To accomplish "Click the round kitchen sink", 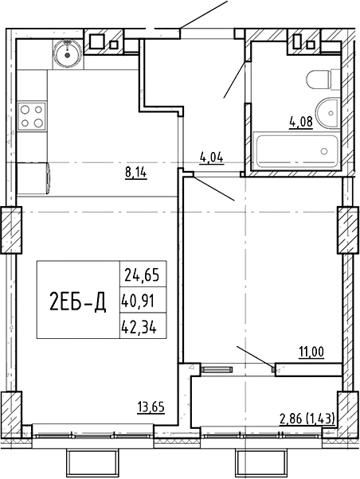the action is click(67, 55).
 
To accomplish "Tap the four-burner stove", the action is click(32, 116).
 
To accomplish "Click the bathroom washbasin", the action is click(328, 113).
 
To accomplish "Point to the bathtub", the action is click(297, 150).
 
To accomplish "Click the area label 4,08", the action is click(301, 123).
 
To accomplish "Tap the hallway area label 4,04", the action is click(212, 158).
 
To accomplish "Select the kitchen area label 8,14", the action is click(136, 173).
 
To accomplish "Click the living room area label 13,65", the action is click(151, 407).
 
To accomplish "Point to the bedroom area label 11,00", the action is click(311, 352).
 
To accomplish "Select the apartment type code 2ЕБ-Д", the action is click(77, 301).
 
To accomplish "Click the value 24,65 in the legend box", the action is click(142, 276).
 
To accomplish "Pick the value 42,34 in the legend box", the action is click(139, 328).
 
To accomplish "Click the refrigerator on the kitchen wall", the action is click(33, 179).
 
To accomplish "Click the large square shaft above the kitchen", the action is click(98, 42).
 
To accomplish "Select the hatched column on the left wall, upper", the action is click(12, 230).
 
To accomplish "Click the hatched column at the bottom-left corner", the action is click(12, 415).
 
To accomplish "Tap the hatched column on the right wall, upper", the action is click(348, 230).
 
